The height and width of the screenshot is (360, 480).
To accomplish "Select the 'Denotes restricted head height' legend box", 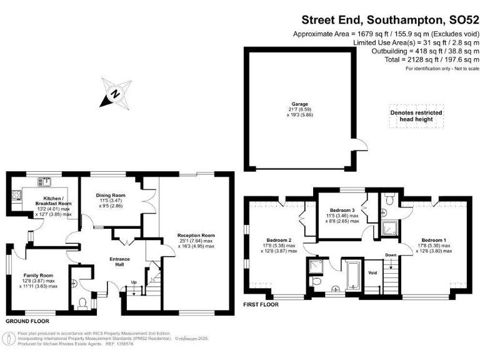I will tap(416, 116).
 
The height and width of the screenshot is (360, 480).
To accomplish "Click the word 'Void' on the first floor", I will tap(372, 273).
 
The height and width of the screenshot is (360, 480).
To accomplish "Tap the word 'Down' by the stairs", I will tap(391, 255).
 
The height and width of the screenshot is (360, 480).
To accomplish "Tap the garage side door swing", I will tap(359, 146).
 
